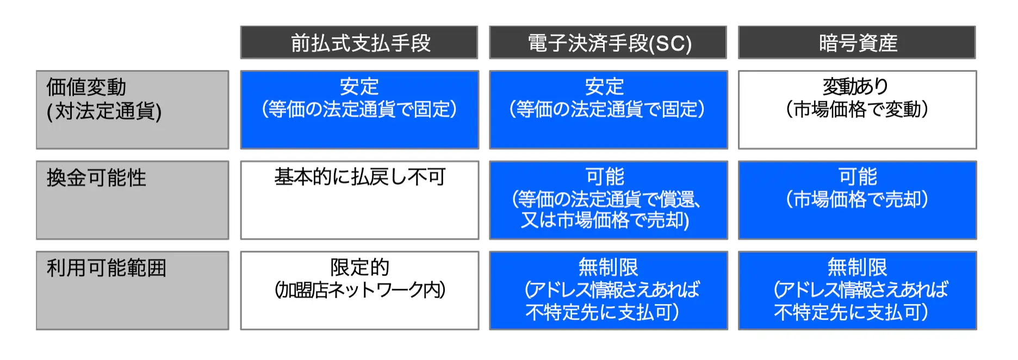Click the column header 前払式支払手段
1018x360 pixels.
coord(359,42)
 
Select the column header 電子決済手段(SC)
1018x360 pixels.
coord(608,42)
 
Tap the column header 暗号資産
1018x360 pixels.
coord(857,42)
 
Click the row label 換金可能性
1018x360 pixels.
coord(133,200)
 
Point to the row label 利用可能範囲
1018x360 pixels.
coord(133,290)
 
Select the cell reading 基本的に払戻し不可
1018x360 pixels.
coord(359,200)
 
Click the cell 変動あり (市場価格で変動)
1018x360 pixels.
coord(858,110)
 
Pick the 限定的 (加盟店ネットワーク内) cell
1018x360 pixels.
coord(359,290)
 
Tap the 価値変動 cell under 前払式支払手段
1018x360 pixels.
coord(359,110)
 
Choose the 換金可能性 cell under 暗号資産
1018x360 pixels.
coord(858,200)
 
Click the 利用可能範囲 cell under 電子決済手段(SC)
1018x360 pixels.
coord(609,290)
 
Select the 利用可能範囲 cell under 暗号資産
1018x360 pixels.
coord(858,290)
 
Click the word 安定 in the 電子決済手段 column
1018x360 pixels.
coord(604,86)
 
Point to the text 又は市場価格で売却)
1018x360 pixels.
coord(605,220)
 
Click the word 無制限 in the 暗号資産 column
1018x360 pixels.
coord(857,267)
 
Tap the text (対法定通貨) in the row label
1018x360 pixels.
coord(104,111)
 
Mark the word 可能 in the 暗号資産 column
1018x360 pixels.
coord(858,177)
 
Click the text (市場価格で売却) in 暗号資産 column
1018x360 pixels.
coord(857,200)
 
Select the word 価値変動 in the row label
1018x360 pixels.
coord(86,87)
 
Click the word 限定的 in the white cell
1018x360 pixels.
coord(359,267)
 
